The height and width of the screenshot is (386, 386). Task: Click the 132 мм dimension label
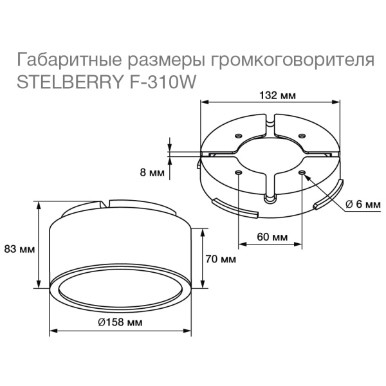pyautogui.click(x=278, y=95)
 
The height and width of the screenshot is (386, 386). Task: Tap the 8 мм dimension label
pyautogui.click(x=152, y=172)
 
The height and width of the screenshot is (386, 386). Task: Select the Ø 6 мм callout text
pyautogui.click(x=363, y=205)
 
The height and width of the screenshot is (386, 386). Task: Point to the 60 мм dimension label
pyautogui.click(x=272, y=237)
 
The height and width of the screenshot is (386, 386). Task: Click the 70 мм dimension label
pyautogui.click(x=221, y=259)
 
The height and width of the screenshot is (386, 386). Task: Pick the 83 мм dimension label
pyautogui.click(x=19, y=249)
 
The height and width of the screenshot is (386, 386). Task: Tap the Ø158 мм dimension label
pyautogui.click(x=120, y=322)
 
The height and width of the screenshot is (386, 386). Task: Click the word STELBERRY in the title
pyautogui.click(x=69, y=82)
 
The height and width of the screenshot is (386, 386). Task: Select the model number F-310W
pyautogui.click(x=162, y=82)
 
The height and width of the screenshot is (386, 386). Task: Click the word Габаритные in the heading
pyautogui.click(x=69, y=60)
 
